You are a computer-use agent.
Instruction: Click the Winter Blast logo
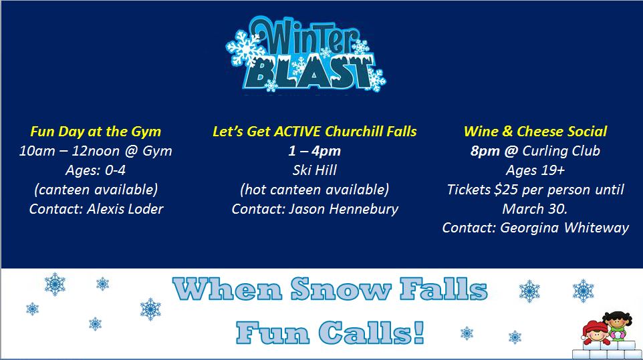305,54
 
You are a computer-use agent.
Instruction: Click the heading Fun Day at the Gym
96,132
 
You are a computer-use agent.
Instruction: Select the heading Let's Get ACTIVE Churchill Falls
315,132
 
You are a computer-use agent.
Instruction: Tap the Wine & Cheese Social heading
535,132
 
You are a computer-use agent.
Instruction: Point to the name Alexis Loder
125,209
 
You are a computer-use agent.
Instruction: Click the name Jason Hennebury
344,209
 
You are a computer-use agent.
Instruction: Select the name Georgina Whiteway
564,228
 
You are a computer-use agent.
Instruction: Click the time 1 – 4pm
315,151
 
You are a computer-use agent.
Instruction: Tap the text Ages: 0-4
96,170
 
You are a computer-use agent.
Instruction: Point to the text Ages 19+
535,170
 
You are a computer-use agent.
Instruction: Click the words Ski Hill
315,170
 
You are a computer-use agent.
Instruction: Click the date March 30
535,209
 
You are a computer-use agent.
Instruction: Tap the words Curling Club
561,151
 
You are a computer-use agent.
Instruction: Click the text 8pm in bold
485,151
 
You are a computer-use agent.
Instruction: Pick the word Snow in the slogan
341,289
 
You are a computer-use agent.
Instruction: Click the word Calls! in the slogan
372,332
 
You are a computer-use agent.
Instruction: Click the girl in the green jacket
618,326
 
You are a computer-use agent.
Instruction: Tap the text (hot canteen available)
315,190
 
